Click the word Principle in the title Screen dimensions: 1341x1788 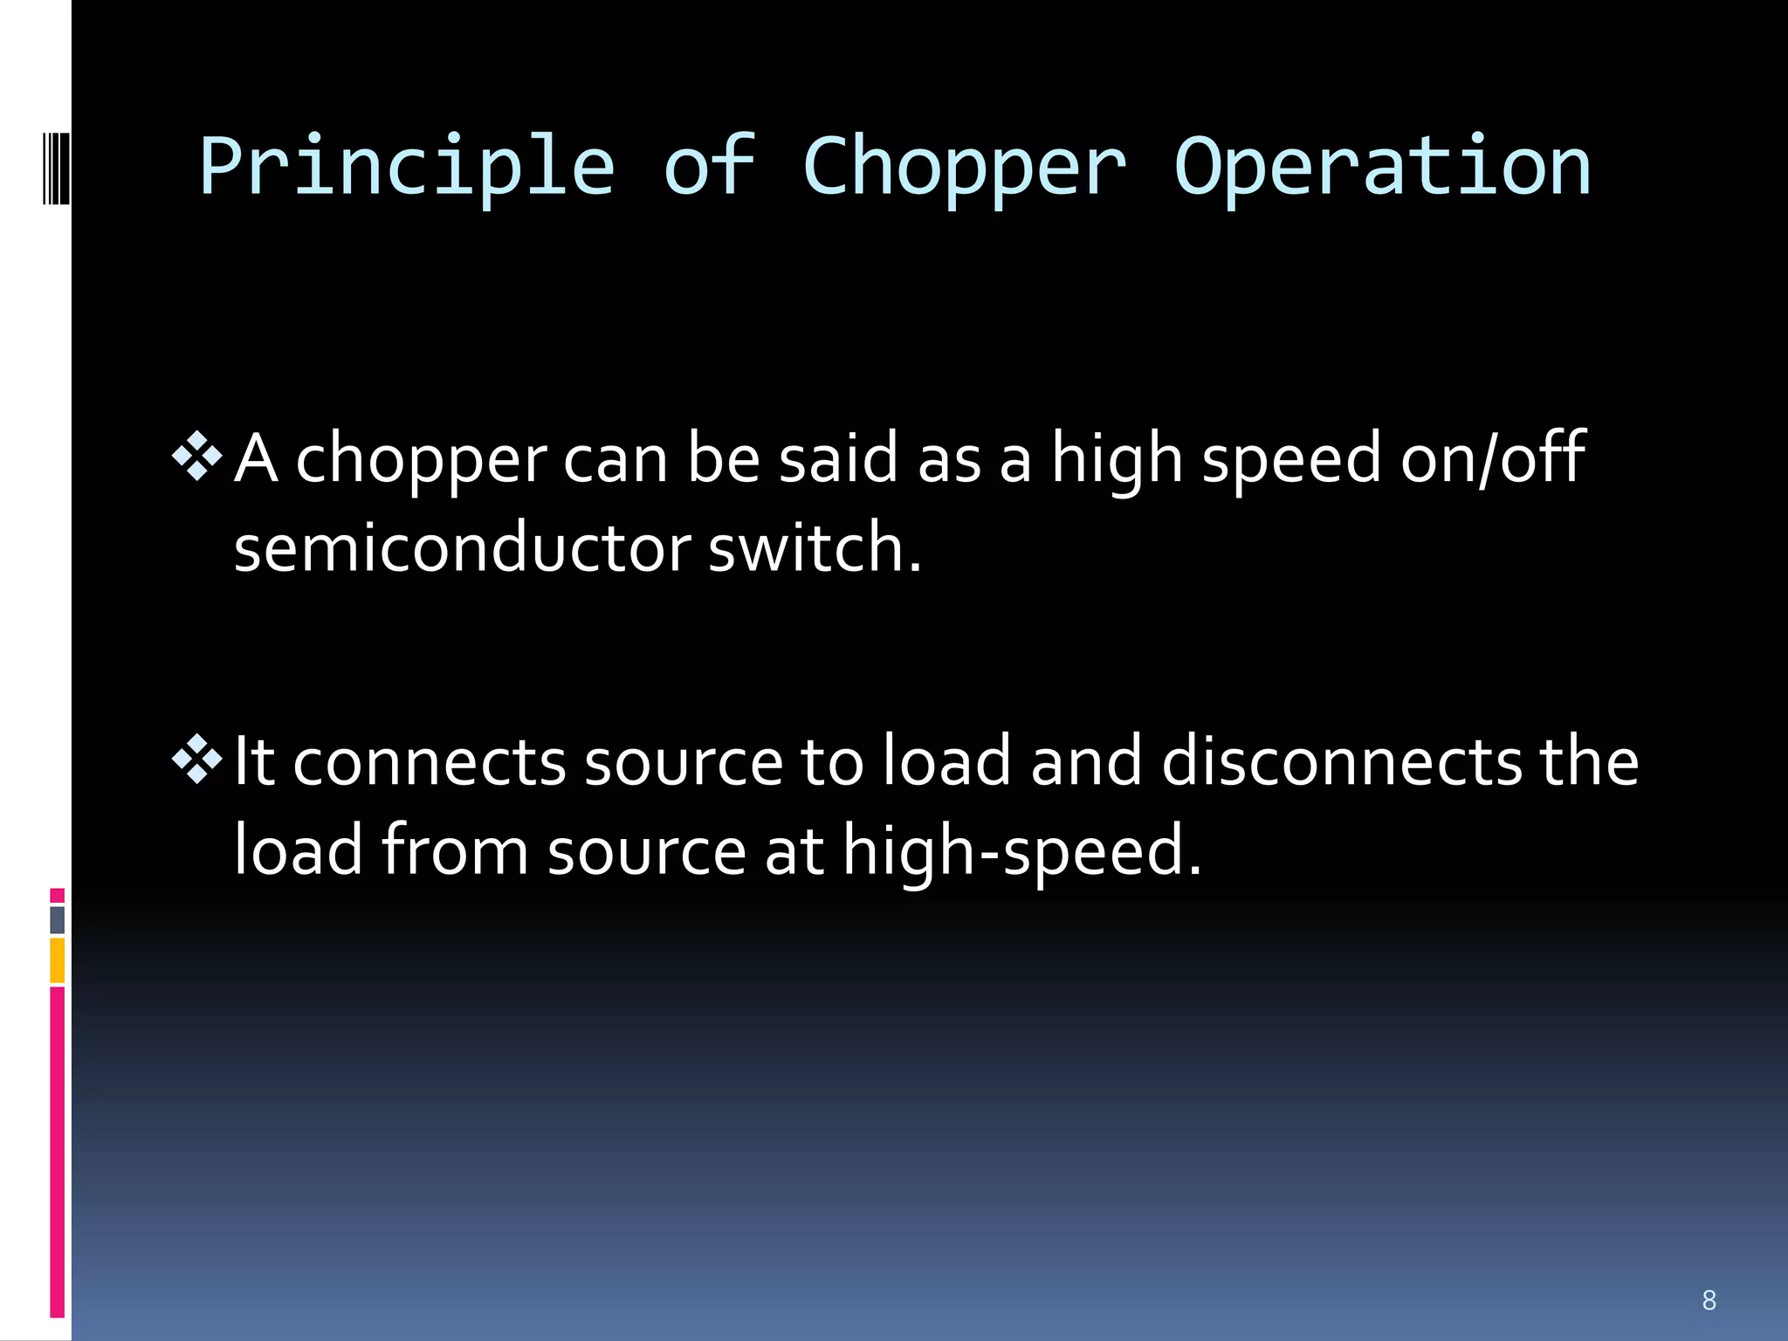[407, 168]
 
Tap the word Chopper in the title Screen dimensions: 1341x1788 [964, 168]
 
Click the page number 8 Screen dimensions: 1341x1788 [1709, 1300]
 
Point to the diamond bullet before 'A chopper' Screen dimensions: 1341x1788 [198, 456]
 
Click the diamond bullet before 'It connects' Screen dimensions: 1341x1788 [198, 758]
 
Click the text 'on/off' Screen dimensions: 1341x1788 [1493, 457]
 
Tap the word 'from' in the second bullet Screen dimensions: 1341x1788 [455, 850]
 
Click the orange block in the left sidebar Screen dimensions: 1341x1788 [57, 960]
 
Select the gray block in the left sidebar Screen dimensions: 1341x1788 [57, 920]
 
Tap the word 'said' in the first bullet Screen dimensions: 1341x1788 [837, 457]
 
